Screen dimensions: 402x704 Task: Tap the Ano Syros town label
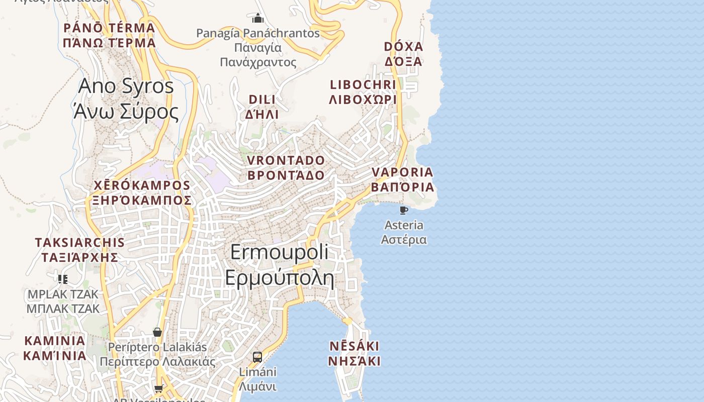(x=126, y=98)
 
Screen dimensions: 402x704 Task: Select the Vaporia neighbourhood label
(x=402, y=179)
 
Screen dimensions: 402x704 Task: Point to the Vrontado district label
(x=286, y=168)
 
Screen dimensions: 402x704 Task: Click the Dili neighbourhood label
(x=262, y=107)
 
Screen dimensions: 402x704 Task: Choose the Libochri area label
(x=363, y=92)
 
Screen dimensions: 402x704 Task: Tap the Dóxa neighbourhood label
(x=403, y=54)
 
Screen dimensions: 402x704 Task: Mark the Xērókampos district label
(x=142, y=193)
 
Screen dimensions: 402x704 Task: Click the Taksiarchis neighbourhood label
(x=79, y=250)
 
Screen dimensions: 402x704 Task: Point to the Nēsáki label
(x=354, y=354)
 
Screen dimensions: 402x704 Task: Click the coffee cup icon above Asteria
(x=403, y=210)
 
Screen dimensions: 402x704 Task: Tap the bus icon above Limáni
(x=257, y=357)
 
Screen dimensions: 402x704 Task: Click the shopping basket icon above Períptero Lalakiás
(x=157, y=332)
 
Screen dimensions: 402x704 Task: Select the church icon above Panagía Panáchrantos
(x=258, y=19)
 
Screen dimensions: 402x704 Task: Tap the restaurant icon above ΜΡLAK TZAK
(x=63, y=279)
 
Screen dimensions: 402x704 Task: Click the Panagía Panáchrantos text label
(x=258, y=48)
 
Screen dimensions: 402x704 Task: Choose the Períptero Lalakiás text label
(x=157, y=354)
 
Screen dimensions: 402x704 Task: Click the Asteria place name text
(x=404, y=232)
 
